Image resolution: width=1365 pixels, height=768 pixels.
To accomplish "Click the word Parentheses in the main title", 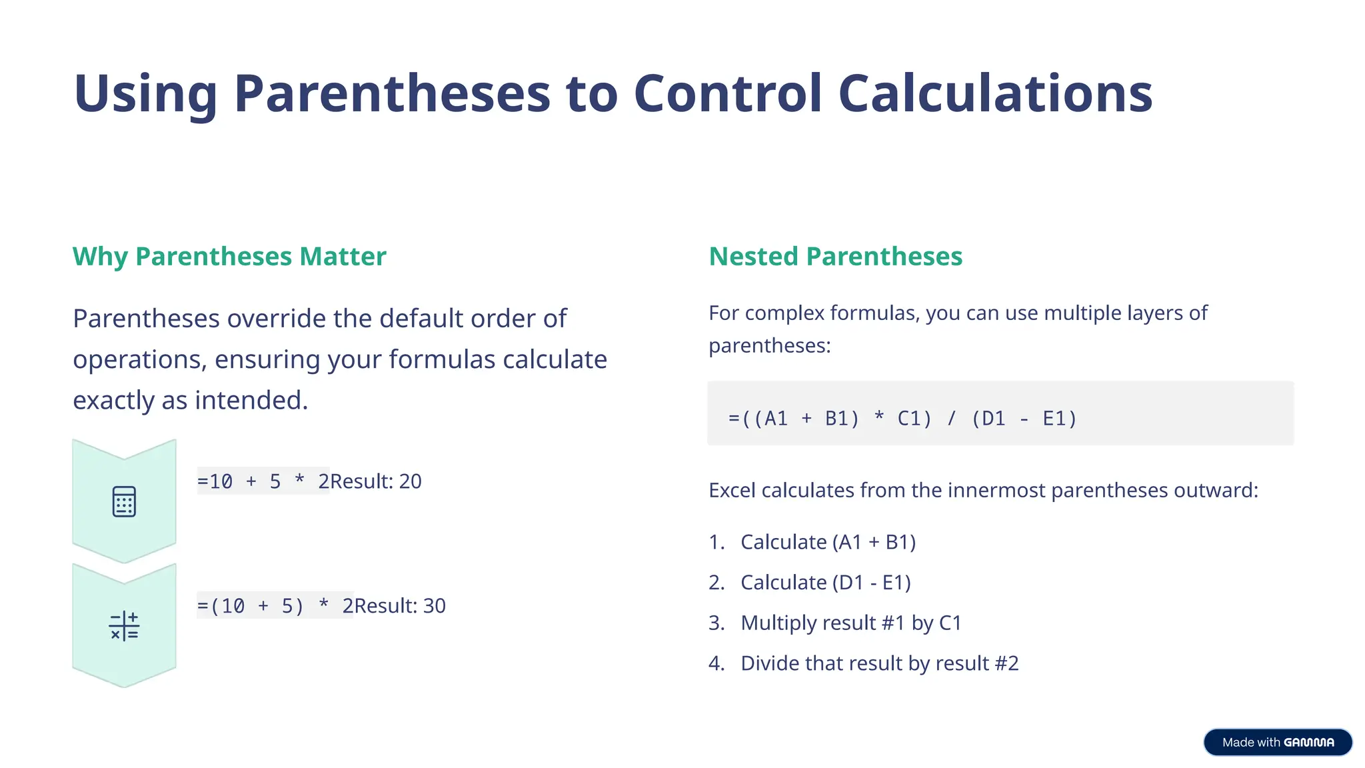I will coord(392,93).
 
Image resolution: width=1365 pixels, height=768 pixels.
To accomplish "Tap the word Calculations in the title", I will coord(995,93).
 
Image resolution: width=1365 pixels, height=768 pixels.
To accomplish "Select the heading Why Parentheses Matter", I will coord(229,257).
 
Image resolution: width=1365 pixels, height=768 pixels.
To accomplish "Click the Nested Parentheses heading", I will coord(835,257).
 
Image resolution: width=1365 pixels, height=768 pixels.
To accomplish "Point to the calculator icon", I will coord(124,501).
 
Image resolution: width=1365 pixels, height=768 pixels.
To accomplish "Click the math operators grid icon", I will coord(124,626).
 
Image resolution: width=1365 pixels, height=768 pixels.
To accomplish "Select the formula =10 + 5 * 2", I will coord(263,481).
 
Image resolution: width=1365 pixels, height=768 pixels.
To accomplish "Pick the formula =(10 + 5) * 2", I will coord(275,606).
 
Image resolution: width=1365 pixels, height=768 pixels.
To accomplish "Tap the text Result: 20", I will coord(376,481).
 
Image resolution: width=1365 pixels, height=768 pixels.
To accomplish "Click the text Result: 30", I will coord(400,606).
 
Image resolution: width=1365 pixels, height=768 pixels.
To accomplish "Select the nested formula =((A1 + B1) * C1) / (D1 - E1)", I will coord(902,419).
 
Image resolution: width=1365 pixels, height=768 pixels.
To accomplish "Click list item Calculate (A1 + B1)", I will coord(828,542).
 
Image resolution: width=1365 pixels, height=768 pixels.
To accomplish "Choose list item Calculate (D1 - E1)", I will coord(825,583).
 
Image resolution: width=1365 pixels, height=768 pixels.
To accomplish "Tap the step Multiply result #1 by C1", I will coord(851,623).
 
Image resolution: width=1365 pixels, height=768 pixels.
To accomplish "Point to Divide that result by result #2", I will coord(879,663).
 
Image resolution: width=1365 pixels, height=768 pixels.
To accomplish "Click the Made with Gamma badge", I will coord(1278,742).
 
